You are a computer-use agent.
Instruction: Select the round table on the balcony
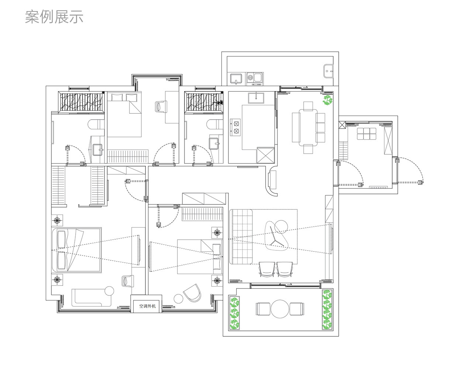[280, 309]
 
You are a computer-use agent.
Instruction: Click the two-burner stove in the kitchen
[235, 126]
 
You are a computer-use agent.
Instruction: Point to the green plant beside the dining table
[328, 100]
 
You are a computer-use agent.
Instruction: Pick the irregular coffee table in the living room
[277, 237]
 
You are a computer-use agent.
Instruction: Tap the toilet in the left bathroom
[96, 125]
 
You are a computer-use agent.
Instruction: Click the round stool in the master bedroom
[109, 290]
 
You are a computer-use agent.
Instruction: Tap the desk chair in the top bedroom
[161, 106]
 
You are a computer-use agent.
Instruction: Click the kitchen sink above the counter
[257, 97]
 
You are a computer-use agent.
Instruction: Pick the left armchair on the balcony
[262, 309]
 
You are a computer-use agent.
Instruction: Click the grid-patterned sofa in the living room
[241, 236]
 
